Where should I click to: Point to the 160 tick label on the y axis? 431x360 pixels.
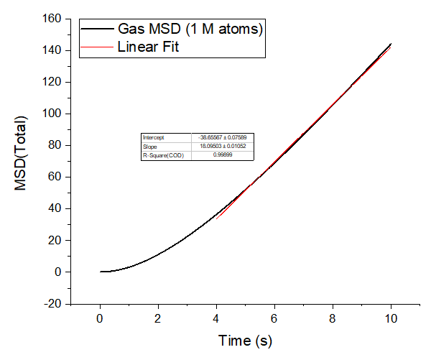pos(52,19)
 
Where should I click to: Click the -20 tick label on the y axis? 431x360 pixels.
pos(52,303)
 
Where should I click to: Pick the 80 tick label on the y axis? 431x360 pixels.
pos(55,145)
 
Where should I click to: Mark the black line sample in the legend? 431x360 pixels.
pos(96,30)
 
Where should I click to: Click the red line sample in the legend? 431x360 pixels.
pos(96,47)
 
